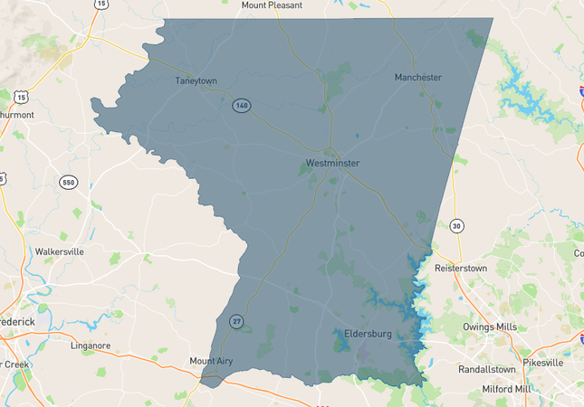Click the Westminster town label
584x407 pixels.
coord(332,163)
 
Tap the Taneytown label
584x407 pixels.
coord(196,80)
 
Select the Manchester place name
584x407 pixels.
coord(417,77)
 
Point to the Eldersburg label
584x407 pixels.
coord(368,334)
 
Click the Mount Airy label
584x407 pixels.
coord(211,361)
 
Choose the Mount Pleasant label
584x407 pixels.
coord(272,5)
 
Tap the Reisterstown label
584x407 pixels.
coord(467,269)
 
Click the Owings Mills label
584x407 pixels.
coord(490,327)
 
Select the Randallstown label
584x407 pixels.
coord(486,369)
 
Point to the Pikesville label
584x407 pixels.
coord(542,362)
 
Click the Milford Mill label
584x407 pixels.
coord(507,389)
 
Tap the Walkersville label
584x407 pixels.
coord(59,251)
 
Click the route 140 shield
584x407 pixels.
coord(240,105)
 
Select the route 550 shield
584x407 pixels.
coord(69,182)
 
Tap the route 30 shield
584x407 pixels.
coord(456,225)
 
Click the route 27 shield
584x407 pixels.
coord(236,321)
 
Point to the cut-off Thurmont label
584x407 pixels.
coord(16,115)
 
